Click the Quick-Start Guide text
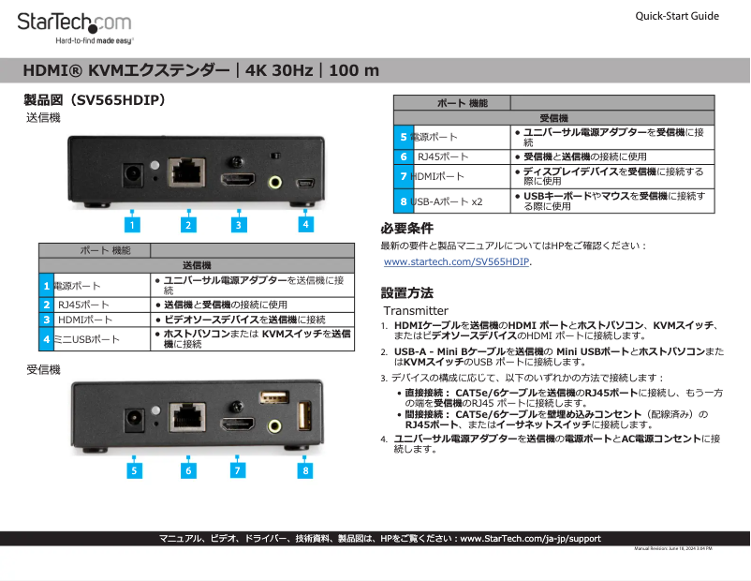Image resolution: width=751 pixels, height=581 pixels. click(x=676, y=16)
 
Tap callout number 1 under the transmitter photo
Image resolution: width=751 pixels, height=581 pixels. click(x=133, y=225)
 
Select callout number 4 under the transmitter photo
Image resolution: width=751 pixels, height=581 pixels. click(x=305, y=224)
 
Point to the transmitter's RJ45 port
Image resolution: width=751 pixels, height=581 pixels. click(x=187, y=171)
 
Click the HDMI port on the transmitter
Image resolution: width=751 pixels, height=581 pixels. click(x=238, y=178)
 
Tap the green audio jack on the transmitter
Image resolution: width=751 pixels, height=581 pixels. click(x=276, y=180)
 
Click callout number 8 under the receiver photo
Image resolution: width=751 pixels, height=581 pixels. click(x=305, y=470)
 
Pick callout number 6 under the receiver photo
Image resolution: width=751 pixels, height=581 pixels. click(x=188, y=470)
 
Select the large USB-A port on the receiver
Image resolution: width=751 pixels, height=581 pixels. click(x=303, y=416)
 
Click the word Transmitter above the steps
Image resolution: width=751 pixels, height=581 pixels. click(x=416, y=310)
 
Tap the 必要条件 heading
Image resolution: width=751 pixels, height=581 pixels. click(x=406, y=229)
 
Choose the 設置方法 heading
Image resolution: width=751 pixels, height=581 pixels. click(x=406, y=292)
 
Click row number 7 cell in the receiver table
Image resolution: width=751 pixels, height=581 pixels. click(x=404, y=176)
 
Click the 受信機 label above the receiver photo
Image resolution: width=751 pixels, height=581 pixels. click(x=43, y=370)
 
